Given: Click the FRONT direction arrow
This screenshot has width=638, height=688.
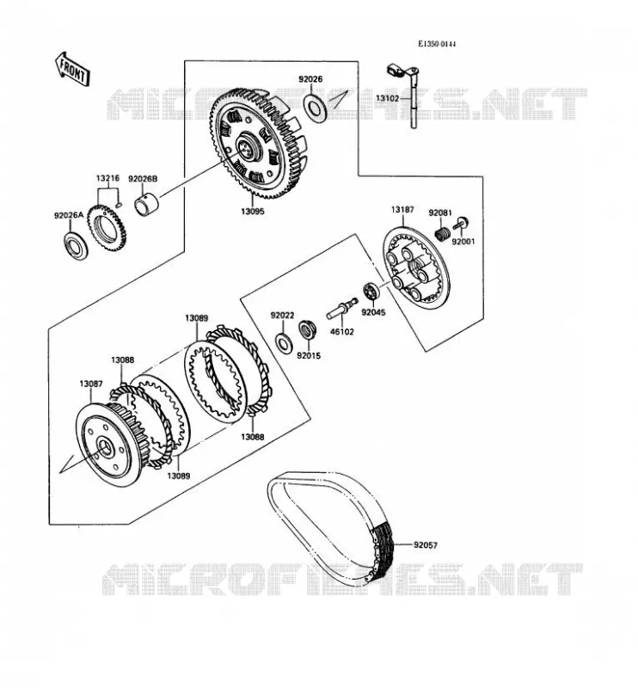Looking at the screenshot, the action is pos(72,69).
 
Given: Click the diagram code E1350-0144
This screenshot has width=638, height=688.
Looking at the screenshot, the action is pos(436,44).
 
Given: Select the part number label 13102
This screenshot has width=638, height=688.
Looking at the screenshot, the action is pos(387,98).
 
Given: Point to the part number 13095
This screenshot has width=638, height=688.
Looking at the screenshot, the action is pos(252,211).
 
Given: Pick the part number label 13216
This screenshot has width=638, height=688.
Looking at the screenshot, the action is pos(107,178).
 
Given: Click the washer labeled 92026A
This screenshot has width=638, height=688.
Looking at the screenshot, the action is pos(76,246).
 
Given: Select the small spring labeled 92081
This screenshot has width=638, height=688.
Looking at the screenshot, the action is pos(442,233).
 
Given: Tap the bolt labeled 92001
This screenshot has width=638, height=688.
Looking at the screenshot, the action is pos(460,224).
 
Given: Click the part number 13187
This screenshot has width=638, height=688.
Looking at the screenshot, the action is pos(402,210).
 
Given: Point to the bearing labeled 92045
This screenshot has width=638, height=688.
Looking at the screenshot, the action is pos(371,291).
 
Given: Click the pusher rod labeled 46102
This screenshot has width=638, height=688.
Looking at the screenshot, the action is pos(342,308).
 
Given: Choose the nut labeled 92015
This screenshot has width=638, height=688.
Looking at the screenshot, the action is pos(307,329).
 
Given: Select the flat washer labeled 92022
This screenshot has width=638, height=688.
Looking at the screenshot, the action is pos(283,342).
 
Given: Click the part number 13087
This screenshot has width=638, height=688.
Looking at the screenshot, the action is pos(91,384).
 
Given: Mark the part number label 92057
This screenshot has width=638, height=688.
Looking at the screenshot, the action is pos(426,545).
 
